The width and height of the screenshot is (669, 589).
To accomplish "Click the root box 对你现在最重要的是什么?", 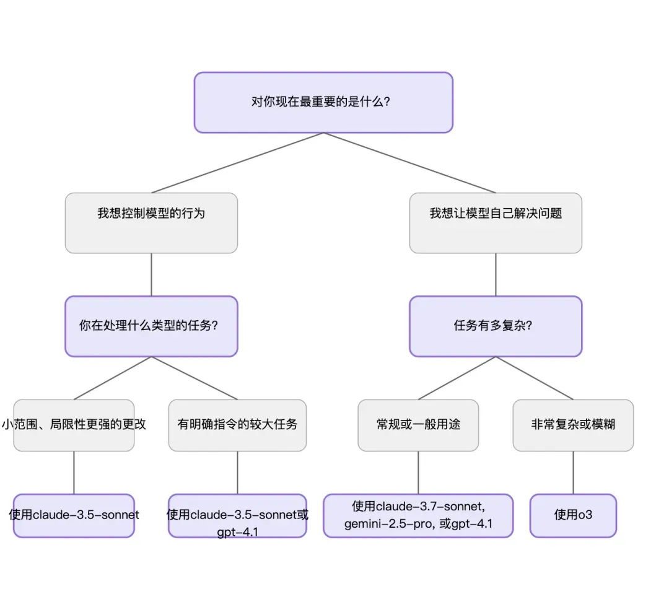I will pos(323,102).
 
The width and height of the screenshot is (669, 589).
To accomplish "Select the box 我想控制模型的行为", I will pos(151,222).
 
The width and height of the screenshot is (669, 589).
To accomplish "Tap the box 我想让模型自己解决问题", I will pos(496,222).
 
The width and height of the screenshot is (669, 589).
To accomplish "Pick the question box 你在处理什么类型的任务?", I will pos(151,326).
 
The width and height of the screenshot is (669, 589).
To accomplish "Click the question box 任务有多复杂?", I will pos(496,326).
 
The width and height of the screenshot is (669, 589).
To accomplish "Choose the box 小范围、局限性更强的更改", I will pos(74,425).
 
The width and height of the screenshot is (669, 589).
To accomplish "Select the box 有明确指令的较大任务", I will pos(237,425).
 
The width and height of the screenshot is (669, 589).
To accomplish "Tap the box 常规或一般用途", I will pos(418,425).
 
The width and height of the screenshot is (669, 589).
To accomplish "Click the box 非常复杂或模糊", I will pos(573,425).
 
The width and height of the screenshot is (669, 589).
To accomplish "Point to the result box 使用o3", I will pos(573,515).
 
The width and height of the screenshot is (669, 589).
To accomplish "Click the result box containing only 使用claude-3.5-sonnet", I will pos(74,515).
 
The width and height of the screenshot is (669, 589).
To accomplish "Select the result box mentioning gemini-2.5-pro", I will pos(418,515).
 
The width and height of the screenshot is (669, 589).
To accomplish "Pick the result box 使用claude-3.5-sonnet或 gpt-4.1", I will pos(237,515).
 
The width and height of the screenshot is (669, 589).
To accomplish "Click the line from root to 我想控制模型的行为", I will pos(237,163).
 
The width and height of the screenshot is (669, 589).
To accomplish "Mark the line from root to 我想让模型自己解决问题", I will pos(409,163).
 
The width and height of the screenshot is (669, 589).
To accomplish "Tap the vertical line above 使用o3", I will pos(573,472).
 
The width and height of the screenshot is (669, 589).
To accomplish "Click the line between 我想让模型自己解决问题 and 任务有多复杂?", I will pos(496,274).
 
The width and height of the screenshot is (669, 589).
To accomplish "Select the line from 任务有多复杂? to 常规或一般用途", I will pos(457,378).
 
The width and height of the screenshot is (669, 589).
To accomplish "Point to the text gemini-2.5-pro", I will pos(389,524).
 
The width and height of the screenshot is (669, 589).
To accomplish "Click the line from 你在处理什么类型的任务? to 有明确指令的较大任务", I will pos(195,378).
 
